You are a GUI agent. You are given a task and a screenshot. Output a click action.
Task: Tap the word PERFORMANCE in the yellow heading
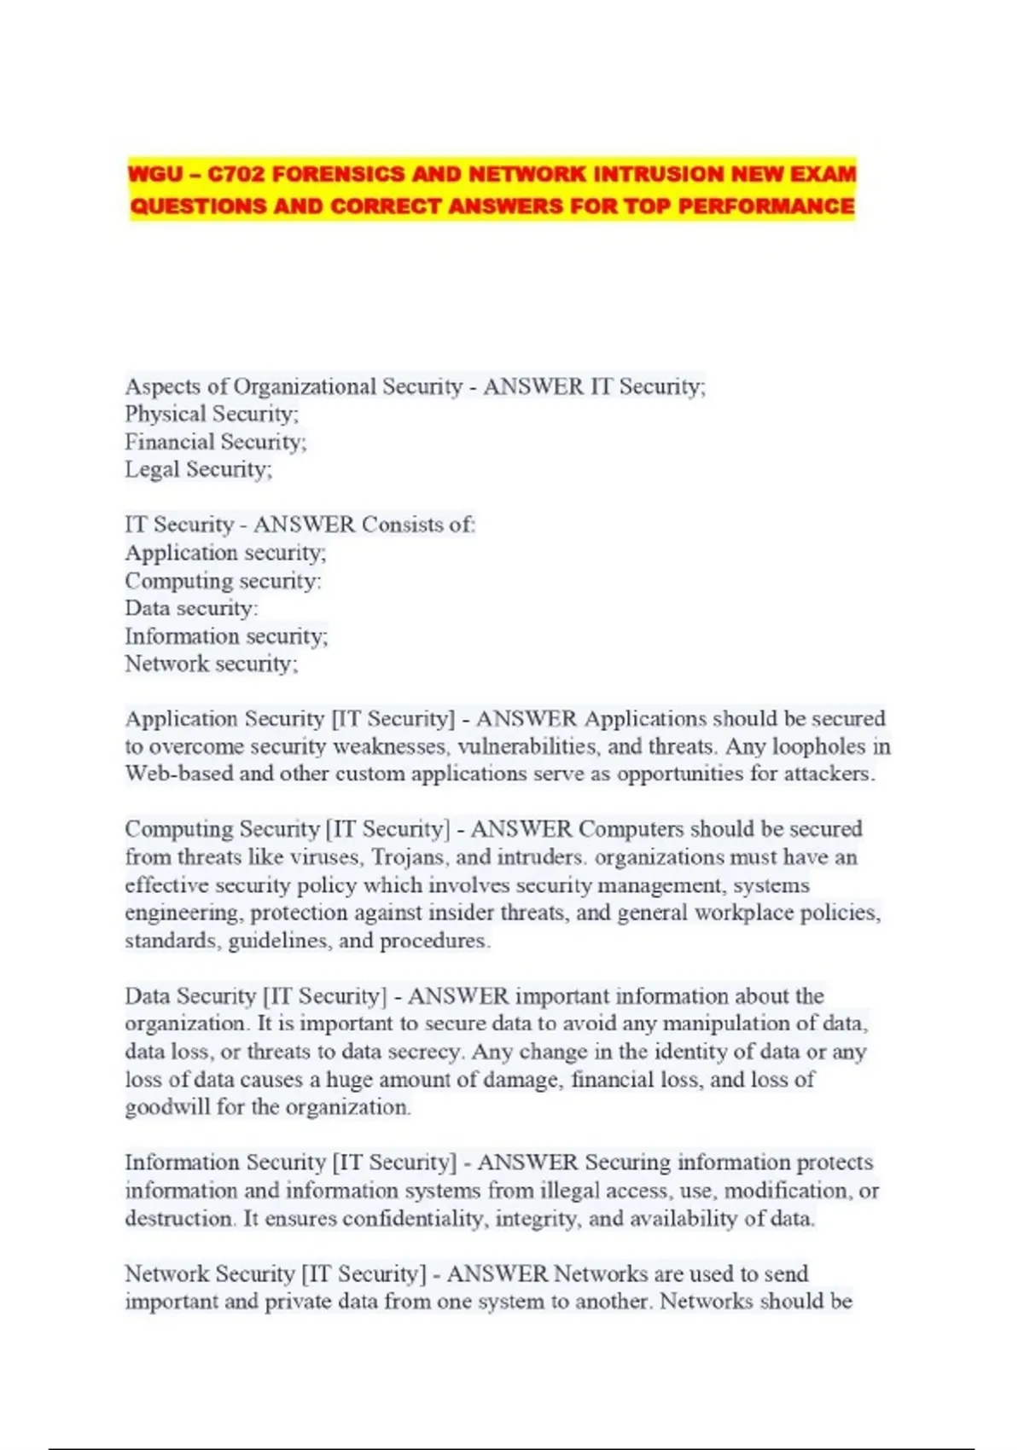coord(765,206)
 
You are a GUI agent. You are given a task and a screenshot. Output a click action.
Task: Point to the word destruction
coord(179,1219)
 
